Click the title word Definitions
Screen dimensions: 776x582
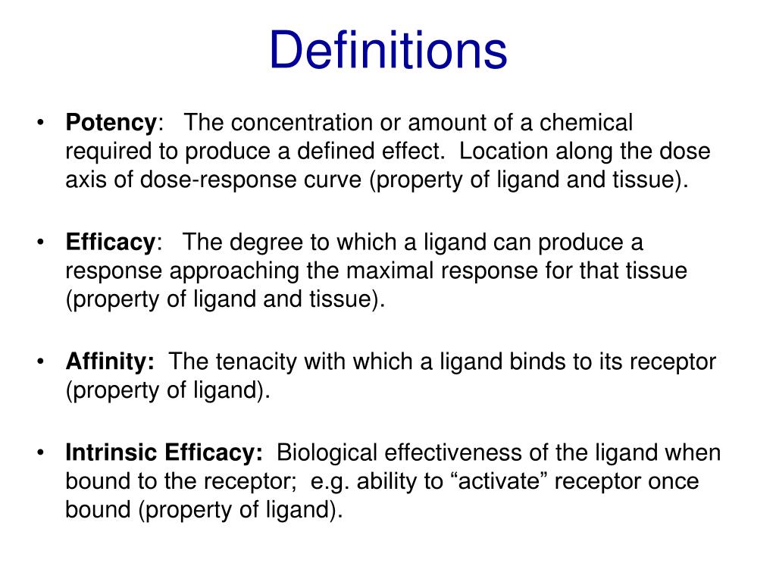click(388, 49)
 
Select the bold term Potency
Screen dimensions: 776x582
click(111, 123)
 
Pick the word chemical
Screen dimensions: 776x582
click(586, 122)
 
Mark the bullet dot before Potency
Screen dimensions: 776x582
click(41, 123)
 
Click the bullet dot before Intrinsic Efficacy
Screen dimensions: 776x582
click(41, 452)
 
